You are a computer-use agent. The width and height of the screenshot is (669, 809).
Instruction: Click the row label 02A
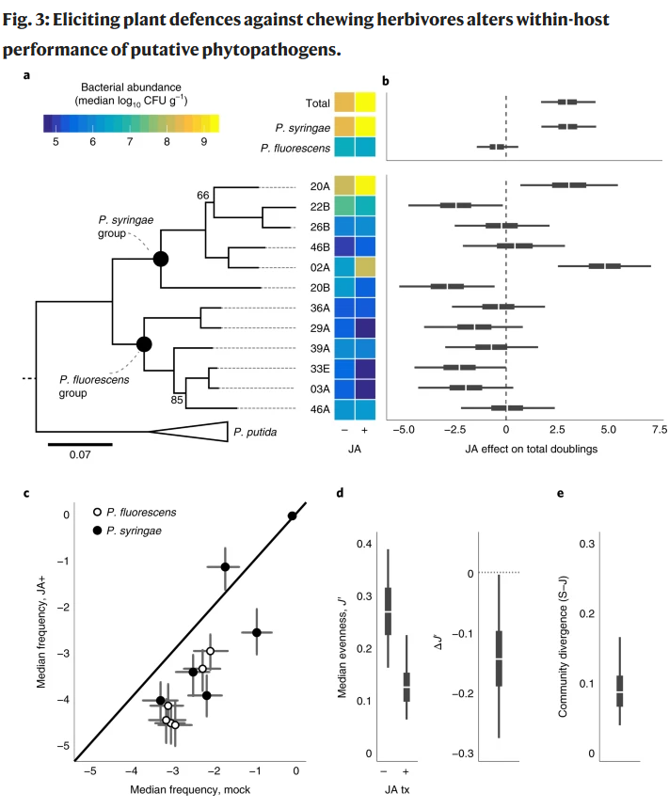click(x=320, y=267)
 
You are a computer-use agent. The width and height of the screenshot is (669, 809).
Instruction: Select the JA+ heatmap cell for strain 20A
click(x=365, y=185)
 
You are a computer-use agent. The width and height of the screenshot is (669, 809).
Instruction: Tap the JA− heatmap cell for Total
click(x=344, y=103)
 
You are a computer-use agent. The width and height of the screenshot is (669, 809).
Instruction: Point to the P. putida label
click(x=255, y=432)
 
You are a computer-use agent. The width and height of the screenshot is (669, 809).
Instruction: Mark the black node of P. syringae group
click(x=161, y=259)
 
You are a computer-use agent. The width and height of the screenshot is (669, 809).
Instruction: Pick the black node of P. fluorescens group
click(x=144, y=343)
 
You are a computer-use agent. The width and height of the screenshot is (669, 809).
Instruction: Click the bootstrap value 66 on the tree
click(x=203, y=195)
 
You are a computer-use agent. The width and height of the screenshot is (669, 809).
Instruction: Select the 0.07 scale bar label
click(x=80, y=454)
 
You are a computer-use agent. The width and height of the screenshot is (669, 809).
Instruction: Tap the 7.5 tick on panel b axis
click(x=660, y=429)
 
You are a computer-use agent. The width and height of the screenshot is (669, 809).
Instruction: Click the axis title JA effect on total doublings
click(x=532, y=449)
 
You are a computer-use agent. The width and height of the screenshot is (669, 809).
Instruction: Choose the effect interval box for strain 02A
click(x=604, y=265)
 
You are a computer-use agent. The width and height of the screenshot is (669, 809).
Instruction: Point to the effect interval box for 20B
click(x=447, y=286)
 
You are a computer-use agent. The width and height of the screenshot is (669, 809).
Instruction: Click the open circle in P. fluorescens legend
click(x=97, y=513)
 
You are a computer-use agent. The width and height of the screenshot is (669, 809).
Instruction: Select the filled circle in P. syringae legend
click(x=97, y=531)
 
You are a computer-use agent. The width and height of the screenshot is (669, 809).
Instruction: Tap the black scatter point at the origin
click(x=293, y=516)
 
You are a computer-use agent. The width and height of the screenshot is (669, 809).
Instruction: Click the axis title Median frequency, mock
click(x=190, y=789)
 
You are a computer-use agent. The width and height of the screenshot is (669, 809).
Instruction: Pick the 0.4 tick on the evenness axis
click(x=364, y=544)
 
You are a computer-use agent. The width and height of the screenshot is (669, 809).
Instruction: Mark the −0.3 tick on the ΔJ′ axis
click(x=463, y=753)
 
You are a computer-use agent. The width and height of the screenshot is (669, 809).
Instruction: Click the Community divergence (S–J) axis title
click(x=563, y=646)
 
